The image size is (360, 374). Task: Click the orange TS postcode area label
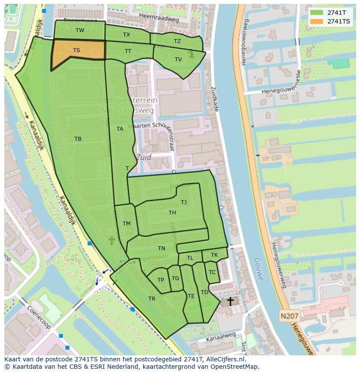[77, 50]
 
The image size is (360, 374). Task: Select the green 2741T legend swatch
[317, 13]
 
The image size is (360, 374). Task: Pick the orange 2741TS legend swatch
[317, 21]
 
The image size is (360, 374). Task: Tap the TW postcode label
[80, 30]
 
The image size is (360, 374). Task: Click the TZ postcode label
[177, 41]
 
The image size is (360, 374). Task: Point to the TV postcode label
[178, 60]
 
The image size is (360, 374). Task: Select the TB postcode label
[78, 139]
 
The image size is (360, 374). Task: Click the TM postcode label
[127, 224]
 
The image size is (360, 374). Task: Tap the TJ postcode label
[184, 202]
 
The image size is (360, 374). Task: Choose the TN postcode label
[162, 248]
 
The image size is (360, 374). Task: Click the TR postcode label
[152, 299]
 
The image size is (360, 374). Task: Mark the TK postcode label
[214, 255]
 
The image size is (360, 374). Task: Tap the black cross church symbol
[230, 301]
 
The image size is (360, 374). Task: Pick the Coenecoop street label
[40, 318]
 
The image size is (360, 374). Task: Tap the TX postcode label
[127, 34]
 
